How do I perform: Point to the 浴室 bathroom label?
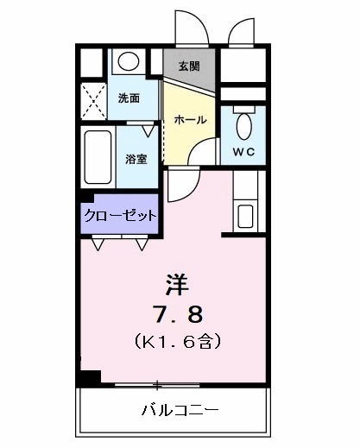point(136,159)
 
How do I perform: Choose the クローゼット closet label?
point(121,215)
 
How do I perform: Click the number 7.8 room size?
point(180,312)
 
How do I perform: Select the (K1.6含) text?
point(180,342)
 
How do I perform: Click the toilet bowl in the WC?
point(243,125)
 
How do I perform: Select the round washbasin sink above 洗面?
point(129,61)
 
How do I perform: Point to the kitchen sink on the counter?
point(244,215)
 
